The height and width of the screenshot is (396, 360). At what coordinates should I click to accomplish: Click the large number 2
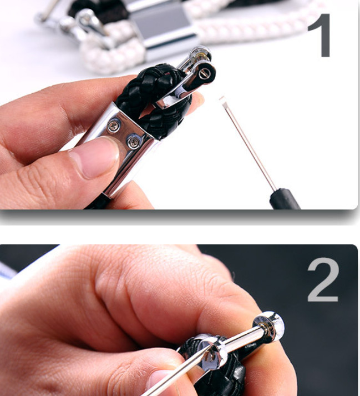[323, 279]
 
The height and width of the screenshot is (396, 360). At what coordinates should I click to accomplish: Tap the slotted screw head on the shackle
[204, 74]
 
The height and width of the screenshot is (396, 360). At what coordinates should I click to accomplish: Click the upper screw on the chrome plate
[114, 126]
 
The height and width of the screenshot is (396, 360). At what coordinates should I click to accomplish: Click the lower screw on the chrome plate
[134, 143]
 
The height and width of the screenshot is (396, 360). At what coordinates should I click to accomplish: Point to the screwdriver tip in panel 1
[222, 99]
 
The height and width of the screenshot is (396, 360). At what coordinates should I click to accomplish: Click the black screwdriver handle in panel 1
[285, 199]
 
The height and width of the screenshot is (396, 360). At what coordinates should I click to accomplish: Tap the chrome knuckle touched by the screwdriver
[211, 352]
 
